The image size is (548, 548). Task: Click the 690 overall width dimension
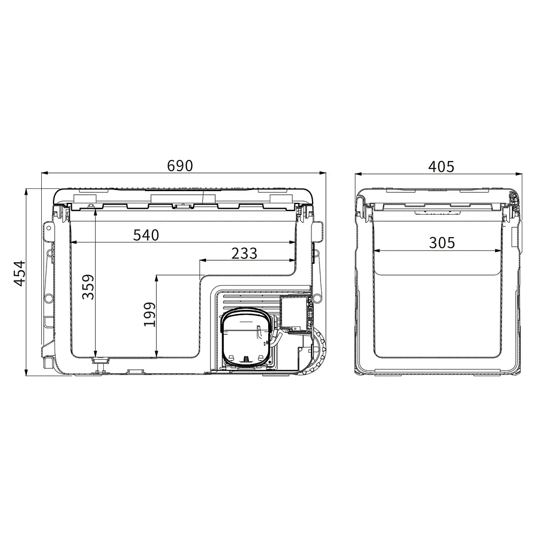pos(180,166)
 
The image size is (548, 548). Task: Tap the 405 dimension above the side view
pos(442,167)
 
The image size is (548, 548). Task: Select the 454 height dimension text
pos(20,273)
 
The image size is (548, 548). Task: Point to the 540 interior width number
pos(146,235)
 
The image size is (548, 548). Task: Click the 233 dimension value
pos(244,253)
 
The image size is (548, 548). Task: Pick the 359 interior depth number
pos(88,287)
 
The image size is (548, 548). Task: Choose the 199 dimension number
pos(150,314)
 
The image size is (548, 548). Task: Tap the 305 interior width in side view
pos(442,243)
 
